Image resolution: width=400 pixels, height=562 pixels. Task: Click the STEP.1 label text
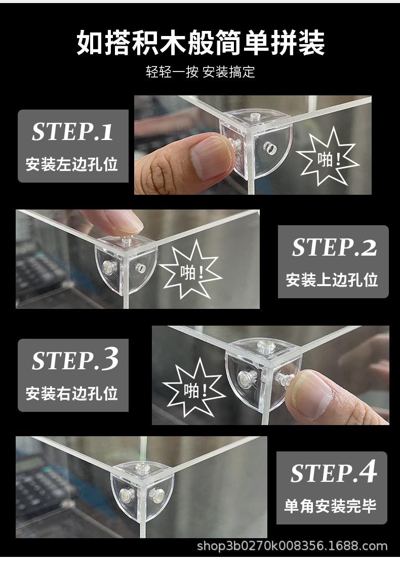coord(72,131)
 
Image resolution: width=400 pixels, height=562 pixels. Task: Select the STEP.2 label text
coord(334,247)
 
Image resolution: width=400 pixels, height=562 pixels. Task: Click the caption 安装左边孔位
coord(72,164)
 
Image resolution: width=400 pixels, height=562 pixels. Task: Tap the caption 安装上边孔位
coord(332,279)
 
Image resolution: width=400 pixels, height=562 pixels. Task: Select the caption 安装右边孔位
coord(72,393)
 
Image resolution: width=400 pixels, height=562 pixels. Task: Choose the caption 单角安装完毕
coord(330,506)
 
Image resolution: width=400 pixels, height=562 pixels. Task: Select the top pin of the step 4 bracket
coord(141,466)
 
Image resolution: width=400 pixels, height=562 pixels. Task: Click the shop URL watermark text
coord(292,546)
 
